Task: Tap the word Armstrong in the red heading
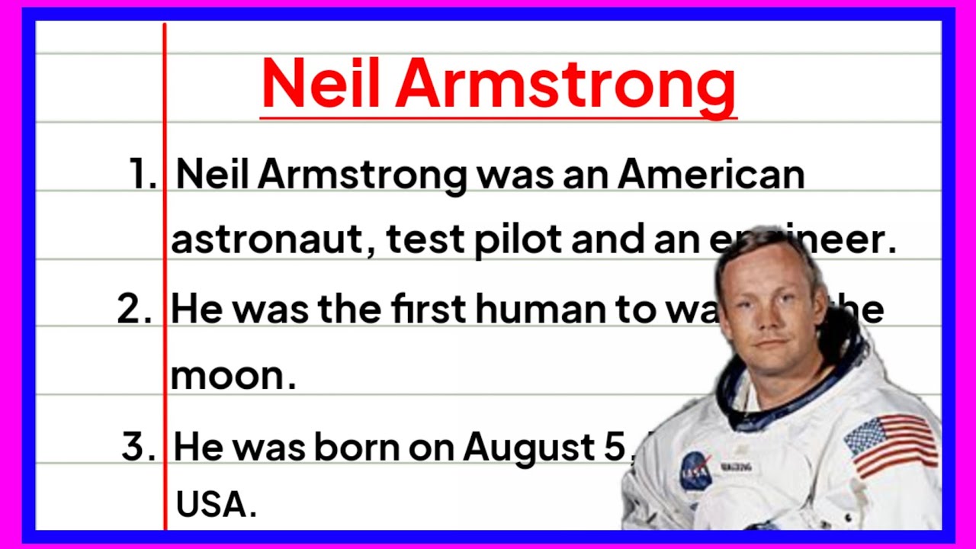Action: pos(565,85)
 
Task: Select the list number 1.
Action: pos(143,175)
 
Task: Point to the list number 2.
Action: pos(135,310)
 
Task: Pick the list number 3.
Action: pos(138,446)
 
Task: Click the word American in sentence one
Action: pos(711,175)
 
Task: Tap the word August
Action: pos(531,447)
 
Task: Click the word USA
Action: pos(215,505)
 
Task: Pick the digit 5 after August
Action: pos(613,447)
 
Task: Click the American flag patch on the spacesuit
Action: pos(891,445)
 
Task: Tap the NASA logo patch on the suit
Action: pos(695,470)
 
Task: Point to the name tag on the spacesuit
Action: pos(737,465)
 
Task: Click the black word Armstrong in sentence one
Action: pos(361,175)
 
